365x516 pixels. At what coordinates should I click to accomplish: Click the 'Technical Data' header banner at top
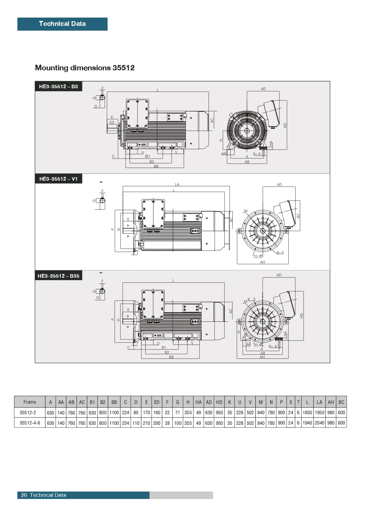coord(62,24)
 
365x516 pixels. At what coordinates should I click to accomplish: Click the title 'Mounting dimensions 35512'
coord(85,68)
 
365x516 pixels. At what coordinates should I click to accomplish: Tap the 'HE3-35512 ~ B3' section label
coord(59,86)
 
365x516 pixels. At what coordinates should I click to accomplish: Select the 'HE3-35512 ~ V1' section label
coord(59,179)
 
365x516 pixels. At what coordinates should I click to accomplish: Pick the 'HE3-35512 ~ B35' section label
coord(59,276)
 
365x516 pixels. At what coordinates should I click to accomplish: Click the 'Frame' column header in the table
coord(30,402)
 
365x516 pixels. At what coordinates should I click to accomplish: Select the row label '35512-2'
coord(28,412)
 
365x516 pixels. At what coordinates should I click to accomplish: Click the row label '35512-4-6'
coord(30,423)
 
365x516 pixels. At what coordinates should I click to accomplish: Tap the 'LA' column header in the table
coord(319,402)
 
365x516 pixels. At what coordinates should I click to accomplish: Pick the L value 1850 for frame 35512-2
coord(307,412)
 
